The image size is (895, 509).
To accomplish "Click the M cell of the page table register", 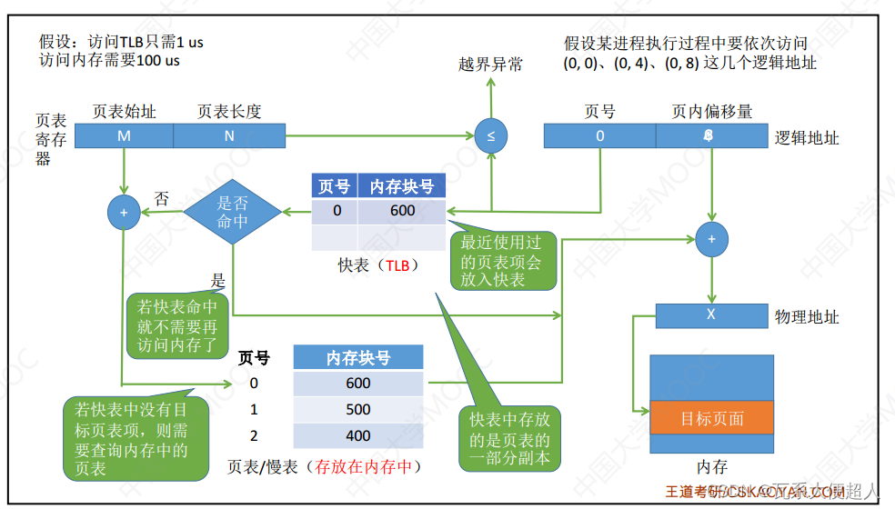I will coord(124,136).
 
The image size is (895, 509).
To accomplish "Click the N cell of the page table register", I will coord(228,136).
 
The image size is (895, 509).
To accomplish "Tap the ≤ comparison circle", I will coord(491,136).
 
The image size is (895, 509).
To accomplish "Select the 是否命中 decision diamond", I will coord(233,212).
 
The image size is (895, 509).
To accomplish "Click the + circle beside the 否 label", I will coord(123,212).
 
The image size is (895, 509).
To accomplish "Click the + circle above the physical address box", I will coord(711,239).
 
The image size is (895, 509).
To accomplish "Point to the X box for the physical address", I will coord(710,315).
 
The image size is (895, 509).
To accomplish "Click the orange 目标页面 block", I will coord(712,419).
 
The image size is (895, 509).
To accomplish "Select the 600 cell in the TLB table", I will coord(401,211).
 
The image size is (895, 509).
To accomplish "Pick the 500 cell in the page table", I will coord(358,409).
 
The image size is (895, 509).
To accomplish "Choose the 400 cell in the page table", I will coord(358,435).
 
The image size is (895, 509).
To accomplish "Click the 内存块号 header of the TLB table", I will coord(401,186).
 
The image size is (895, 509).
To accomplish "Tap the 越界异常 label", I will coord(491,65).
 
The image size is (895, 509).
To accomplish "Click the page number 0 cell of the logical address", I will coord(599,136).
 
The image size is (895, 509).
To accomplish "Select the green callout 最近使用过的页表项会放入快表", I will coord(502,261).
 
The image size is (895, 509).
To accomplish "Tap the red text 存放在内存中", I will coord(364,467).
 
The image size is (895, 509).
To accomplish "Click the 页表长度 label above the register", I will coord(229,112).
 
